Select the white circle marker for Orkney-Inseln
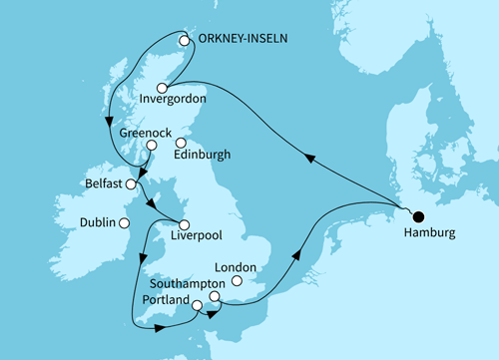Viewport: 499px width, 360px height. click(x=184, y=41)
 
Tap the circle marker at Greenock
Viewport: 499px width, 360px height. click(x=151, y=144)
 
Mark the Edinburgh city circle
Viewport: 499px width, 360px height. click(x=182, y=144)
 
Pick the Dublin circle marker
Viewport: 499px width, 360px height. click(x=124, y=223)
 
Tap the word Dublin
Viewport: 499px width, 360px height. click(x=96, y=223)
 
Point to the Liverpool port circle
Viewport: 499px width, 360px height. click(x=183, y=223)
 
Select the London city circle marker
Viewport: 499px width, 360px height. click(x=236, y=283)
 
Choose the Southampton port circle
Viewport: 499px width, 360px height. click(x=215, y=298)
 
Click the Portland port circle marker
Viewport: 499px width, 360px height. click(x=197, y=305)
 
